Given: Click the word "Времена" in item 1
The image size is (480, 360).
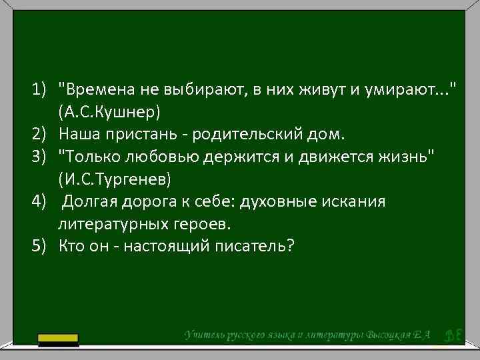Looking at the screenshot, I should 94,89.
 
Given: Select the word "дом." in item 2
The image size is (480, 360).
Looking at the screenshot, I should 326,134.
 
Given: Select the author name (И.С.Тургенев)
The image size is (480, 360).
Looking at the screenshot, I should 115,179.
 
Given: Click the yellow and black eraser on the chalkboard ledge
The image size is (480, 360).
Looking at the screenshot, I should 58,340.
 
